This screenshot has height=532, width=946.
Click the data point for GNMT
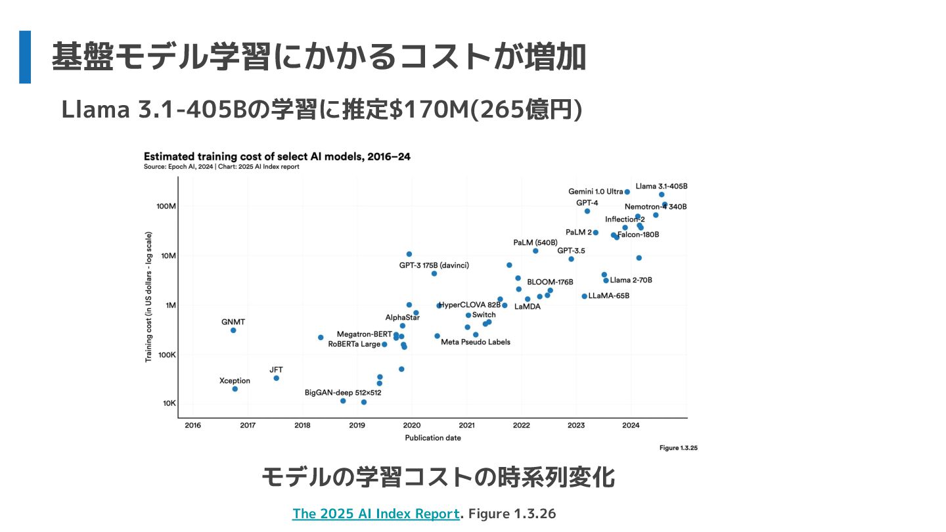[x=233, y=330]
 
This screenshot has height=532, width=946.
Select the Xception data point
[x=235, y=389]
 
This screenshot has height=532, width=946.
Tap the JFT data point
[x=276, y=378]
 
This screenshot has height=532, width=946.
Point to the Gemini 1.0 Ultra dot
[x=627, y=192]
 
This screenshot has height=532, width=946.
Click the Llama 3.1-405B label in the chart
[x=662, y=186]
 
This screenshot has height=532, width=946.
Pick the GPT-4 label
[x=587, y=203]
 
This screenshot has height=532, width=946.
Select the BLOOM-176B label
[x=550, y=282]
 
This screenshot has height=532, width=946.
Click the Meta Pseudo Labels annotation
[x=476, y=342]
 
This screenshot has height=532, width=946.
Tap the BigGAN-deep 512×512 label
[x=343, y=393]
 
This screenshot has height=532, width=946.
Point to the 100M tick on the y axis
[x=166, y=206]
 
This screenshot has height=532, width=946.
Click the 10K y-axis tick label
[x=169, y=403]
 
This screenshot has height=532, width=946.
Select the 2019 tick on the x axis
[x=357, y=426]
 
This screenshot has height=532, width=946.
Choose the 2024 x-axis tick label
[x=631, y=426]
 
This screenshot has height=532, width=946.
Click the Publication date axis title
[x=432, y=438]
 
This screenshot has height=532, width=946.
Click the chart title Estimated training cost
[x=277, y=156]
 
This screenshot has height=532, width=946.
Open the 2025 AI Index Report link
[x=376, y=514]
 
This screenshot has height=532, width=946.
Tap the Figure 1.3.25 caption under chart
[x=678, y=448]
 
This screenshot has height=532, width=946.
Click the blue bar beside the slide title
[x=25, y=57]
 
